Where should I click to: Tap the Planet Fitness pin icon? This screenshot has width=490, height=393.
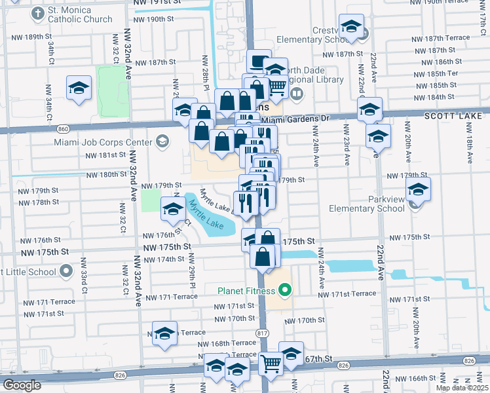click(284, 289)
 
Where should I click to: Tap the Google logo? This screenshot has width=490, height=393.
click(22, 385)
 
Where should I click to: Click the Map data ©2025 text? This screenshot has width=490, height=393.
click(461, 388)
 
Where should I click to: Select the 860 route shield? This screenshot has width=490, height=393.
click(44, 129)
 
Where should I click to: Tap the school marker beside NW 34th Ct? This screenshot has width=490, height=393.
click(79, 88)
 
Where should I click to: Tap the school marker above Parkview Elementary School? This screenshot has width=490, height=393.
click(417, 190)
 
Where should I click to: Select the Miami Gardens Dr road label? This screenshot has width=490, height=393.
click(294, 120)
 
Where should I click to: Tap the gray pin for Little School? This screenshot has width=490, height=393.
click(66, 271)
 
